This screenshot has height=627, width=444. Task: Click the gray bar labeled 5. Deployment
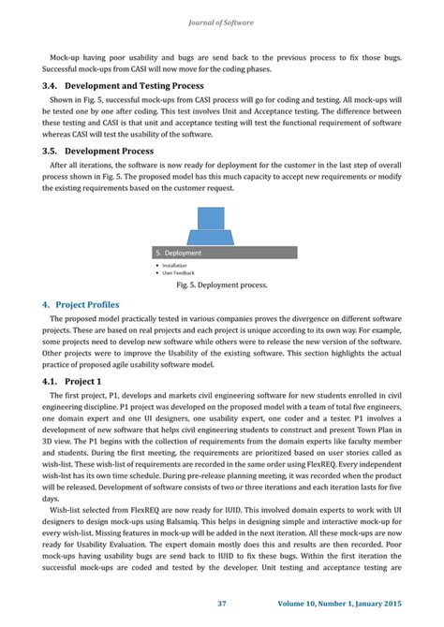pyautogui.click(x=221, y=253)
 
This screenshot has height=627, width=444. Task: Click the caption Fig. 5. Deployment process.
pyautogui.click(x=221, y=285)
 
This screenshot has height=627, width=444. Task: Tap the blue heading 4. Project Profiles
pyautogui.click(x=87, y=304)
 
